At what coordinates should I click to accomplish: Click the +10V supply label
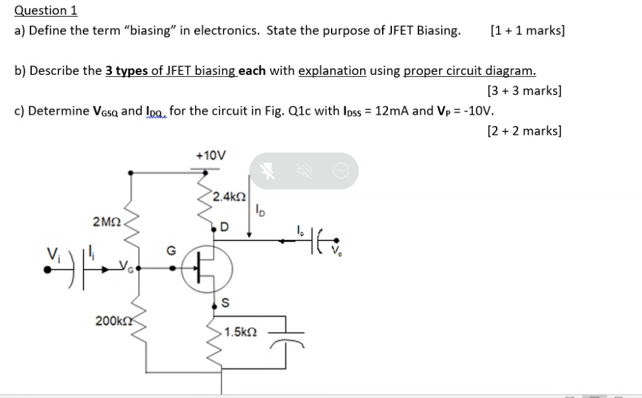click(x=211, y=155)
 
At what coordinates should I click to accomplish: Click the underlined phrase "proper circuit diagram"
click(x=470, y=70)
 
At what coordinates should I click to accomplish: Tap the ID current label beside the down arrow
click(x=259, y=211)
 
